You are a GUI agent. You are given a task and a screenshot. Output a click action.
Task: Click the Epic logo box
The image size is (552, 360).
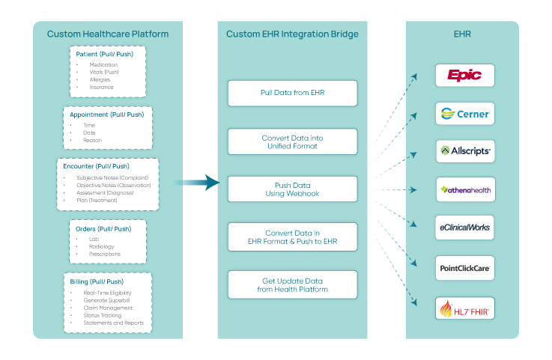(464, 75)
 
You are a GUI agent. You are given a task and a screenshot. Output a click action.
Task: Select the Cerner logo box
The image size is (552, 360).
(464, 114)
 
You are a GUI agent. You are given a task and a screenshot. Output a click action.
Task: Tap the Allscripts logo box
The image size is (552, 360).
(464, 151)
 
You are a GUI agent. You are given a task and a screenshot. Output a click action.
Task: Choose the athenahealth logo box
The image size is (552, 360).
(464, 189)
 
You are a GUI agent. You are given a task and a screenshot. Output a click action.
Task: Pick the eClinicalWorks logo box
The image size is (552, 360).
(464, 227)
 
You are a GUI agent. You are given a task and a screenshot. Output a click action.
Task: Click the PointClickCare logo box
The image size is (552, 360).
(464, 267)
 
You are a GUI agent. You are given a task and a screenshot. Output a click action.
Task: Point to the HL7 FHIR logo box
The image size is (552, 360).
(464, 308)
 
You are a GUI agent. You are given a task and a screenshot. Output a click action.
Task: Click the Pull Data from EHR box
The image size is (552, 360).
(293, 94)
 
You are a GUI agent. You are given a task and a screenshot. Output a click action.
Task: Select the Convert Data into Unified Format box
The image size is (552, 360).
(293, 141)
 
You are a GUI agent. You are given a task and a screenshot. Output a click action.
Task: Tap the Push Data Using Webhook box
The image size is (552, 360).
(293, 189)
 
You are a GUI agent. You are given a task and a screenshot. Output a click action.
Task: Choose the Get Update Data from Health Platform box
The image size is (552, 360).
(293, 284)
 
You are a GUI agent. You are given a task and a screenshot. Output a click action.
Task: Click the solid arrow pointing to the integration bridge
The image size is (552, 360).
(197, 182)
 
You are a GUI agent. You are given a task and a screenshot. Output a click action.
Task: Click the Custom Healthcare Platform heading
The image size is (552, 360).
(107, 34)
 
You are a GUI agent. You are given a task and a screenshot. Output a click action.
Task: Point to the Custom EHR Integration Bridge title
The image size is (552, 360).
(293, 34)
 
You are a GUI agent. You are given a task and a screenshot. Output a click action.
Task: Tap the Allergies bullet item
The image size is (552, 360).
(100, 79)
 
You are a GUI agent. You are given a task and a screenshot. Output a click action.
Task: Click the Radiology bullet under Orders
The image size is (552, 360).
(101, 246)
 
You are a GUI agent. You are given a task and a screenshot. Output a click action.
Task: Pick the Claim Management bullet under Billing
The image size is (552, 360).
(108, 308)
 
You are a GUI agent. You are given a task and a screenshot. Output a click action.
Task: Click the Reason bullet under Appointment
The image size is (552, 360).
(93, 140)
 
